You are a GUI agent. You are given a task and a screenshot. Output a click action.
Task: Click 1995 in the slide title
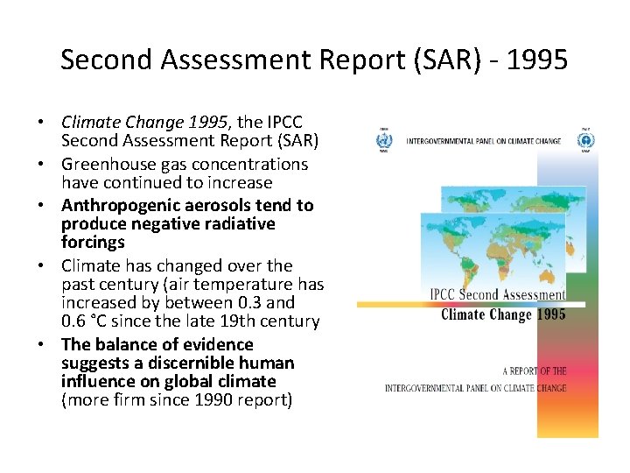[536, 60]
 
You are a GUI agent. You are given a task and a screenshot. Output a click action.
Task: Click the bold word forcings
[93, 242]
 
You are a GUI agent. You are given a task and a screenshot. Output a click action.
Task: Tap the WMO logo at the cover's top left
[383, 140]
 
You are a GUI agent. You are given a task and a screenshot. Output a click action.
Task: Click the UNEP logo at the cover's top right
[585, 140]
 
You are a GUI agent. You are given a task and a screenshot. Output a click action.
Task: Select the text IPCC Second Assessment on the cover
[497, 295]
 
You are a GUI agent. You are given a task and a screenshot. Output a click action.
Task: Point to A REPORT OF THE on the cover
[535, 371]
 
